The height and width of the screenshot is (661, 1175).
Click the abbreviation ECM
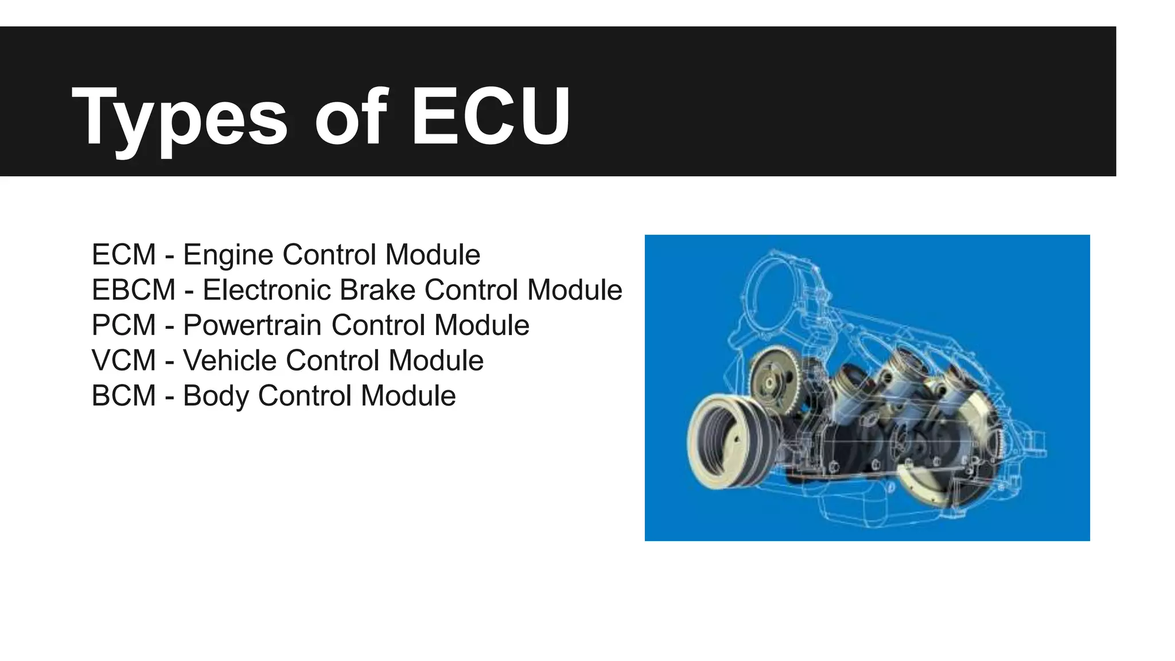124,255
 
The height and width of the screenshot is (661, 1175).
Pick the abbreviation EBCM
134,290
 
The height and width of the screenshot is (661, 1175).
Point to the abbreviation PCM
124,325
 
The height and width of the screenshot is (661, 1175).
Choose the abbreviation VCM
124,361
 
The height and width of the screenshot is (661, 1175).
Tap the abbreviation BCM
124,396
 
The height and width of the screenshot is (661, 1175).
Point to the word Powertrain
252,325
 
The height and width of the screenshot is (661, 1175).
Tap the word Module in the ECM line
433,255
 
